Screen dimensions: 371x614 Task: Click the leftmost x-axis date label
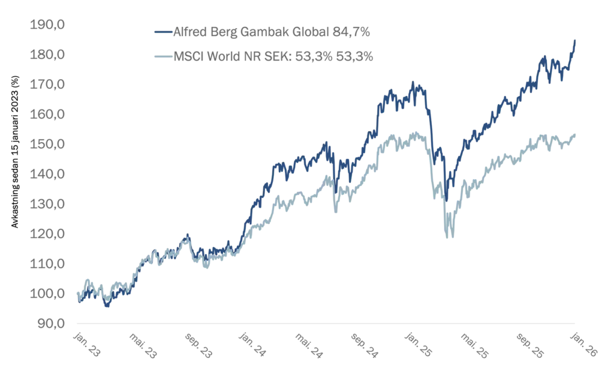[x=86, y=345]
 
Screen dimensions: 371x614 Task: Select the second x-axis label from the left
[x=142, y=345]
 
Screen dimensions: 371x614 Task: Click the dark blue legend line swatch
[x=162, y=31]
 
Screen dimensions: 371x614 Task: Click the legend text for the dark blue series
[x=273, y=31]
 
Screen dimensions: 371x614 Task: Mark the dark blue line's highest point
[x=577, y=40]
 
